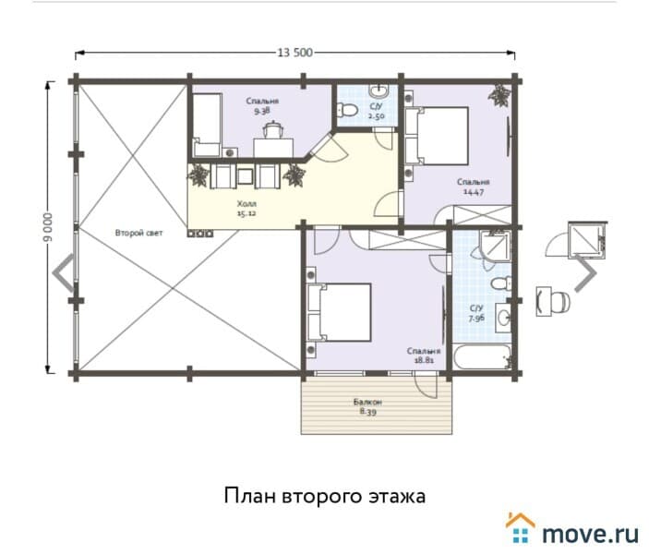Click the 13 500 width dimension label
tap(294, 53)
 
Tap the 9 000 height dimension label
tap(46, 227)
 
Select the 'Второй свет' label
tap(138, 233)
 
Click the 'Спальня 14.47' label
tap(473, 187)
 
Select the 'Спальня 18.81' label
tap(425, 356)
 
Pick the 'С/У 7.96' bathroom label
tap(476, 315)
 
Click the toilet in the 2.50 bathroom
tap(348, 111)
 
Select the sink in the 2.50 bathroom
tap(379, 90)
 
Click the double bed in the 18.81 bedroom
tap(340, 312)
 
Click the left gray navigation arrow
tap(63, 273)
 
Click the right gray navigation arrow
tap(586, 273)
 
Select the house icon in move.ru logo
tap(520, 527)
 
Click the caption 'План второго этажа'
tap(324, 497)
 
